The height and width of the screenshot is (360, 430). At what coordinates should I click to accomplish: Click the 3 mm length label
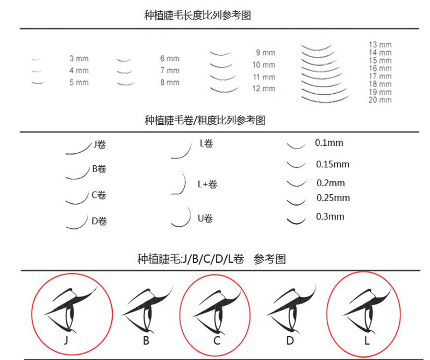pyautogui.click(x=79, y=59)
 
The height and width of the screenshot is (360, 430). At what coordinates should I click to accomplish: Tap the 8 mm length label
pyautogui.click(x=170, y=82)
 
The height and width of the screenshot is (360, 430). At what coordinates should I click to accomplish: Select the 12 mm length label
pyautogui.click(x=264, y=89)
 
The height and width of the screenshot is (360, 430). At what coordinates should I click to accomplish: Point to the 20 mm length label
pyautogui.click(x=380, y=100)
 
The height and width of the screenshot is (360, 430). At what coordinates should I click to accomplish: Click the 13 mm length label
pyautogui.click(x=380, y=45)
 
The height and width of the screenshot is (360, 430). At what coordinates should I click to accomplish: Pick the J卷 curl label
pyautogui.click(x=99, y=144)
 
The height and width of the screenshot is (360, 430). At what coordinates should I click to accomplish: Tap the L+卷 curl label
pyautogui.click(x=207, y=184)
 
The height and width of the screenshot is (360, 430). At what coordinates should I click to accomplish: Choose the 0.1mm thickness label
pyautogui.click(x=329, y=143)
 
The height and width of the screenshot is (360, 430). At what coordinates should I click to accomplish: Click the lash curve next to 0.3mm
pyautogui.click(x=297, y=222)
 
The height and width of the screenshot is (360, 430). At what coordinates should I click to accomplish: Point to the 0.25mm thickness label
pyautogui.click(x=333, y=197)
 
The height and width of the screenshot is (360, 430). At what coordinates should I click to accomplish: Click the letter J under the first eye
pyautogui.click(x=66, y=341)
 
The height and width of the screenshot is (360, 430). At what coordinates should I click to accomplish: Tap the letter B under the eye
pyautogui.click(x=146, y=341)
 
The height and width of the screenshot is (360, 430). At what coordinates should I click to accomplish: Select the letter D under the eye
pyautogui.click(x=290, y=341)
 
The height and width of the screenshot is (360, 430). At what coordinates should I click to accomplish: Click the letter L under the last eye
pyautogui.click(x=367, y=341)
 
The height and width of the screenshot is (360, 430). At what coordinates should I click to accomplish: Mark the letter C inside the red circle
pyautogui.click(x=217, y=341)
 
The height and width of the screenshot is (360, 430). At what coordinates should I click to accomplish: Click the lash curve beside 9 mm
pyautogui.click(x=220, y=53)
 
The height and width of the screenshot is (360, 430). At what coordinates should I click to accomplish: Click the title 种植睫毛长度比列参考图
pyautogui.click(x=197, y=15)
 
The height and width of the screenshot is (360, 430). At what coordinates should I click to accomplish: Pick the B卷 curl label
pyautogui.click(x=99, y=169)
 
